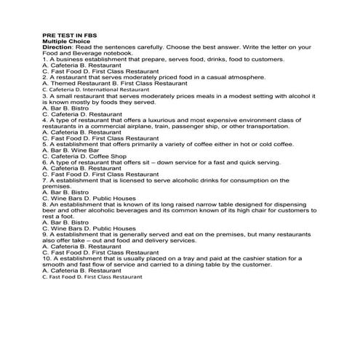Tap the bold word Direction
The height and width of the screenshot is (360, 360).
(x=58, y=47)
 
